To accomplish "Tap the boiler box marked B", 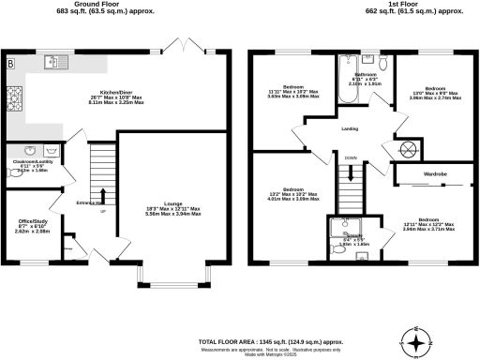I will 11,63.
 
